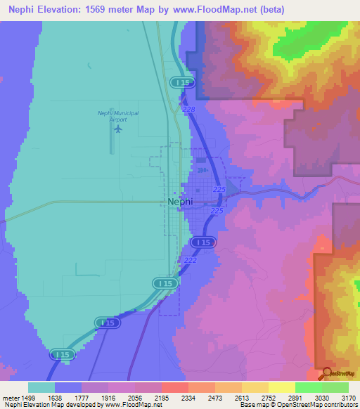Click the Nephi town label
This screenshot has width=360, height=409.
click(x=181, y=201)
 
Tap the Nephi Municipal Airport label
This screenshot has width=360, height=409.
click(x=117, y=116)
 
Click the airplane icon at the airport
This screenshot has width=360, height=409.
click(x=117, y=129)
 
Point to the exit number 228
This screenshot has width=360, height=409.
click(x=188, y=110)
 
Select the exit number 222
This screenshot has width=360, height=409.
click(x=190, y=260)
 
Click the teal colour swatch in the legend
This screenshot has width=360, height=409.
click(x=41, y=387)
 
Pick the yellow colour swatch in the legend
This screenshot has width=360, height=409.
click(x=281, y=387)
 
